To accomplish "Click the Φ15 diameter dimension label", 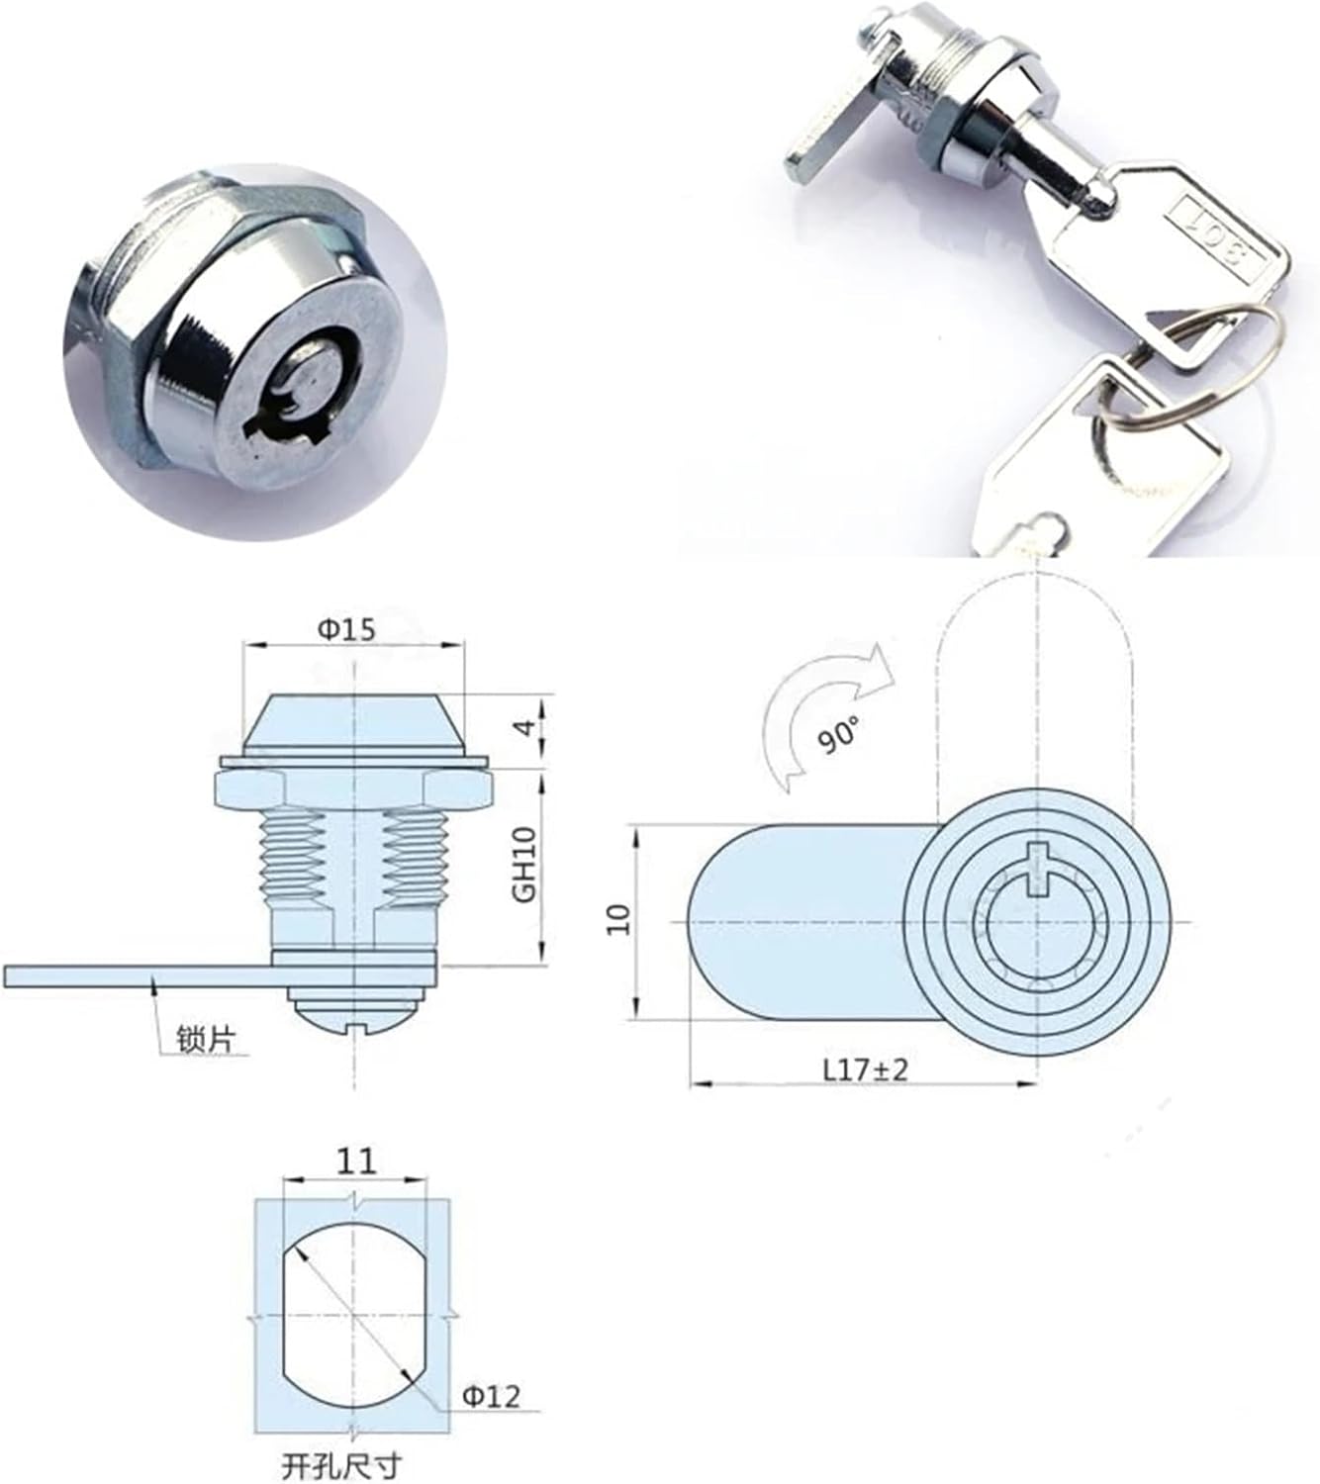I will pyautogui.click(x=346, y=629).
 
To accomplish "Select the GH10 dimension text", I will pyautogui.click(x=524, y=864).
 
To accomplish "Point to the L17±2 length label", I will pyautogui.click(x=863, y=1069).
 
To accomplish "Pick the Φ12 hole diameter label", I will pyautogui.click(x=491, y=1396).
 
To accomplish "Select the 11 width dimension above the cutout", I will pyautogui.click(x=356, y=1159).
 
